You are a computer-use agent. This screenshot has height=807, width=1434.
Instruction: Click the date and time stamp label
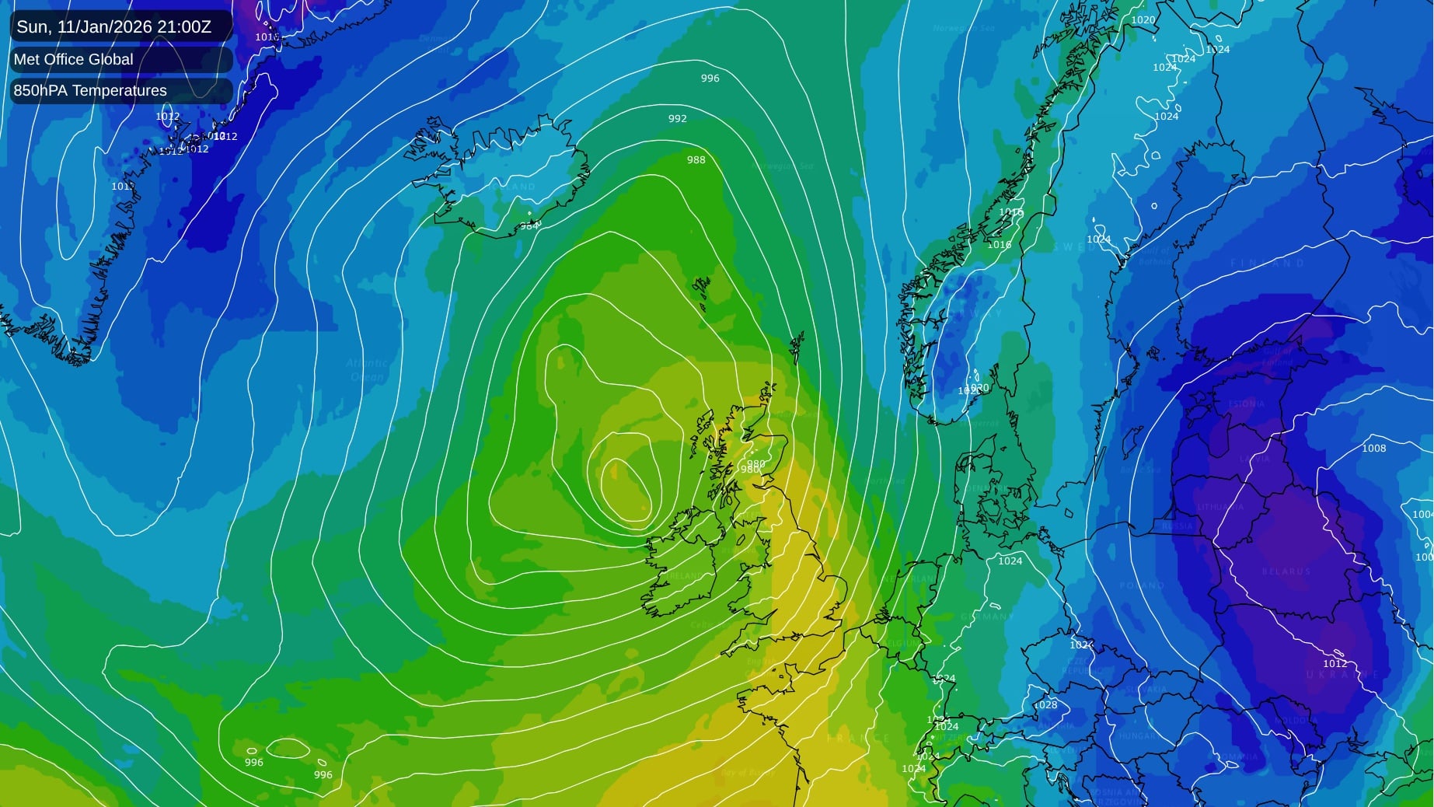pyautogui.click(x=113, y=26)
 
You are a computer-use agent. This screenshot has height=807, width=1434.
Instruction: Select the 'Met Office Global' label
pyautogui.click(x=73, y=59)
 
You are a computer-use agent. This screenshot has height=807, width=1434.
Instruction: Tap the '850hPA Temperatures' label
pyautogui.click(x=90, y=90)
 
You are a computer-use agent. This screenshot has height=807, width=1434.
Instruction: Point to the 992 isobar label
pyautogui.click(x=677, y=119)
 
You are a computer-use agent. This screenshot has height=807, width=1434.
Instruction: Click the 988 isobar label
pyautogui.click(x=696, y=160)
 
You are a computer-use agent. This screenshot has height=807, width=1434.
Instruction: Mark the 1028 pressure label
pyautogui.click(x=1045, y=705)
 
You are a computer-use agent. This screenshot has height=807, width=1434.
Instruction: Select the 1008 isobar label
pyautogui.click(x=1373, y=449)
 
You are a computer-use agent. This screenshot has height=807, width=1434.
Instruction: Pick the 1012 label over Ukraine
pyautogui.click(x=1335, y=664)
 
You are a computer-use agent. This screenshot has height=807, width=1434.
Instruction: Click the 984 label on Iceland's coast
pyautogui.click(x=529, y=226)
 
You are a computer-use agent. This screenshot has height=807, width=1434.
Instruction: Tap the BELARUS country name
pyautogui.click(x=1286, y=571)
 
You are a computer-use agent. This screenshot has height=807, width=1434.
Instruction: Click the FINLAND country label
pyautogui.click(x=1267, y=264)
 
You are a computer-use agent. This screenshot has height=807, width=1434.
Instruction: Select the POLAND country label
pyautogui.click(x=1143, y=585)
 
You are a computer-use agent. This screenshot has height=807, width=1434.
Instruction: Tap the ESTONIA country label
pyautogui.click(x=1246, y=404)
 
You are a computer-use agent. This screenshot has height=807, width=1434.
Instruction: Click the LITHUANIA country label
pyautogui.click(x=1220, y=507)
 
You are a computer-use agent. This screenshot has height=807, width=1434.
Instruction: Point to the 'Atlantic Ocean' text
pyautogui.click(x=366, y=370)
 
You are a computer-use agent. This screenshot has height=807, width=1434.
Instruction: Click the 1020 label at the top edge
pyautogui.click(x=1143, y=20)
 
